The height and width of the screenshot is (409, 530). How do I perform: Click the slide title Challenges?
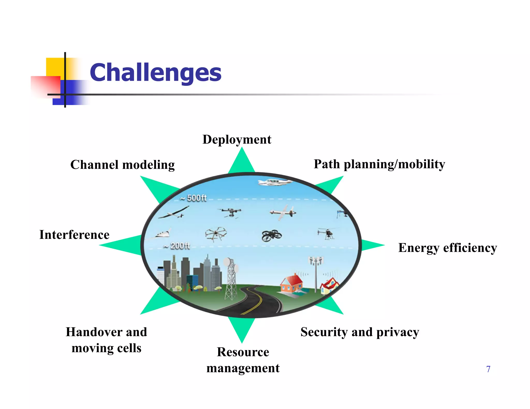[x=155, y=73]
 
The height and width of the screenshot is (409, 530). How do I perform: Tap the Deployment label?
[x=237, y=140]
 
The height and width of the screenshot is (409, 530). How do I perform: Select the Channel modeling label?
[x=122, y=165]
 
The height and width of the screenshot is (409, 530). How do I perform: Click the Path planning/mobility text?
[x=379, y=164]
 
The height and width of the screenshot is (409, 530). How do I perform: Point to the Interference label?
[x=74, y=235]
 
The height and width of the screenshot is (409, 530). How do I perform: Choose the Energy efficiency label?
[x=447, y=248]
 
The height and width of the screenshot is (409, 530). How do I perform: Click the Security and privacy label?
[x=359, y=332]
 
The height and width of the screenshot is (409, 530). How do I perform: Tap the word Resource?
[x=243, y=352]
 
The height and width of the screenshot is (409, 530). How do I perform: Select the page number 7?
[x=488, y=369]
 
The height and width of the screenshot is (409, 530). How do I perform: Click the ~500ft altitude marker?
[x=194, y=198]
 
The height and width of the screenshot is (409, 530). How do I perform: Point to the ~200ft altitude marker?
[x=177, y=246]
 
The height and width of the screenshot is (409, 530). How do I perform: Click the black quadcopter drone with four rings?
[x=271, y=235]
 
